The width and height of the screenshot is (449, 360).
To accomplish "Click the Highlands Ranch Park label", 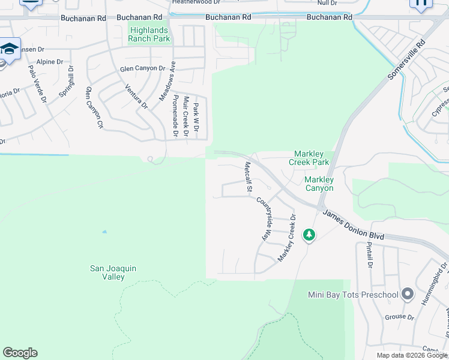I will pos(149,34).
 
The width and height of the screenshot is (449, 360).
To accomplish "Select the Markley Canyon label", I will pos(319,184).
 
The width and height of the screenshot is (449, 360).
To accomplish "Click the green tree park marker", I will pos(309,235).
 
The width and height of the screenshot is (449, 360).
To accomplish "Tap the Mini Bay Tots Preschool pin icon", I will pos(408,294).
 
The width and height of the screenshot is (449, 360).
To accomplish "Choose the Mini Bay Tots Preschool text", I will pos(353,295).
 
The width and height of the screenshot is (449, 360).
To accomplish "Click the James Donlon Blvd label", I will pos(353,224).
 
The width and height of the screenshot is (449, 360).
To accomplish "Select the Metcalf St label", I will pos(247,177).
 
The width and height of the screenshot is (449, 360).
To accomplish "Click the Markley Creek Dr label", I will pos(287,238).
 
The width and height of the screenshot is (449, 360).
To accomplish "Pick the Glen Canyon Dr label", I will pos(142,68).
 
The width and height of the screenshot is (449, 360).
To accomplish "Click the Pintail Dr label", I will pos(369,255).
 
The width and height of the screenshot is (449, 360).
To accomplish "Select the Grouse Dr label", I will pos(399,317).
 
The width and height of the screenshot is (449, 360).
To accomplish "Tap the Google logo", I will pos(20,353).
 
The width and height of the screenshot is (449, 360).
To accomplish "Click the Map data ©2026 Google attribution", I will pos(412,355).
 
